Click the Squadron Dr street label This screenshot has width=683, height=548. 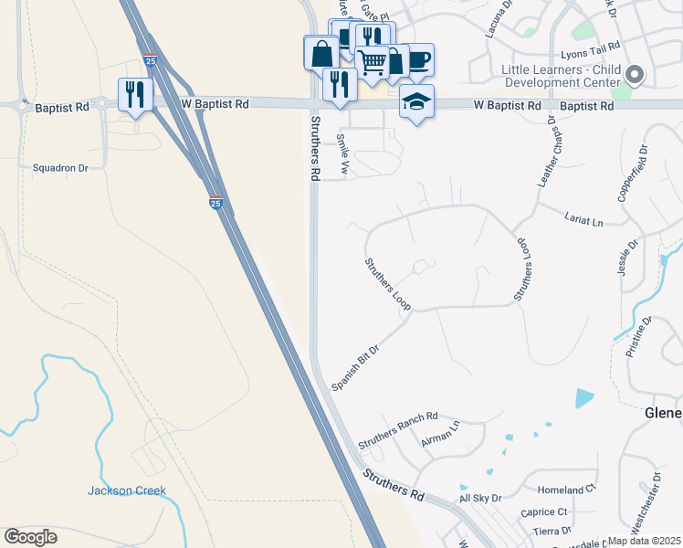(60, 167)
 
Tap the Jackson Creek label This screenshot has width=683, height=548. (127, 490)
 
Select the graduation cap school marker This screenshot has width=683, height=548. (416, 101)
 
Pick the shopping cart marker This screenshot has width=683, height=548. (373, 62)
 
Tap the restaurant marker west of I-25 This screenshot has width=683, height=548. (135, 94)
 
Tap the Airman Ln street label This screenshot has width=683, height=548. (441, 433)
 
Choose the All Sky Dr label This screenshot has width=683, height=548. (480, 498)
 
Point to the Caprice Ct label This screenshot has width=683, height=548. (544, 512)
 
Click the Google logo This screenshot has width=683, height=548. (30, 537)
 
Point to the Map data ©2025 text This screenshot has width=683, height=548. (645, 541)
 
